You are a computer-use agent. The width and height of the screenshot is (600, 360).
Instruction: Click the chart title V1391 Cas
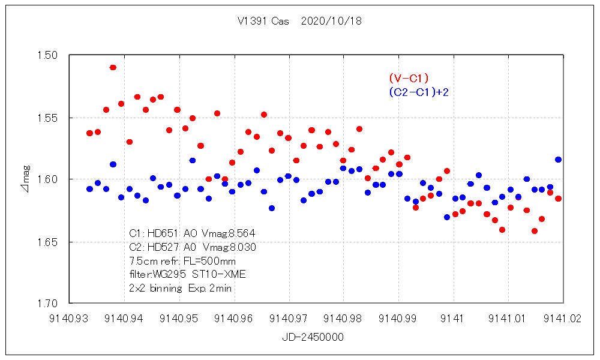pyautogui.click(x=263, y=21)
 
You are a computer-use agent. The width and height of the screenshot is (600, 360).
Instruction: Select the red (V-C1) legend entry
pyautogui.click(x=409, y=78)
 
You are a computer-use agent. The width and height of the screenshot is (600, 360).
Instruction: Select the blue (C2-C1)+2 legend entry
pyautogui.click(x=419, y=92)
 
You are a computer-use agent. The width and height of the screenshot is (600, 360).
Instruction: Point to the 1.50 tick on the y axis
pyautogui.click(x=46, y=55)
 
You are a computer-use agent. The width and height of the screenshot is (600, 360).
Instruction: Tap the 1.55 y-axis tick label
pyautogui.click(x=46, y=118)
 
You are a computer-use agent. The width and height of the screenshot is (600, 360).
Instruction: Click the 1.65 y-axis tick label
pyautogui.click(x=46, y=242)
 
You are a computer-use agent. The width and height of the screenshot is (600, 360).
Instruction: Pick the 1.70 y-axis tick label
pyautogui.click(x=46, y=304)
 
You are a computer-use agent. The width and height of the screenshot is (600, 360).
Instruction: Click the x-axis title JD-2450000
pyautogui.click(x=313, y=338)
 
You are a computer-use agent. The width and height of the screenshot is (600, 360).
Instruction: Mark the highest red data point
pyautogui.click(x=113, y=67)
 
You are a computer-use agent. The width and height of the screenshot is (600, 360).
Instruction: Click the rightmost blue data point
pyautogui.click(x=558, y=160)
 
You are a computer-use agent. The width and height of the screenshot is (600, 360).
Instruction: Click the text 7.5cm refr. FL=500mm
pyautogui.click(x=182, y=261)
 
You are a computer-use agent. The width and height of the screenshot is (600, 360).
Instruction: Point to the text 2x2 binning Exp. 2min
pyautogui.click(x=181, y=288)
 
